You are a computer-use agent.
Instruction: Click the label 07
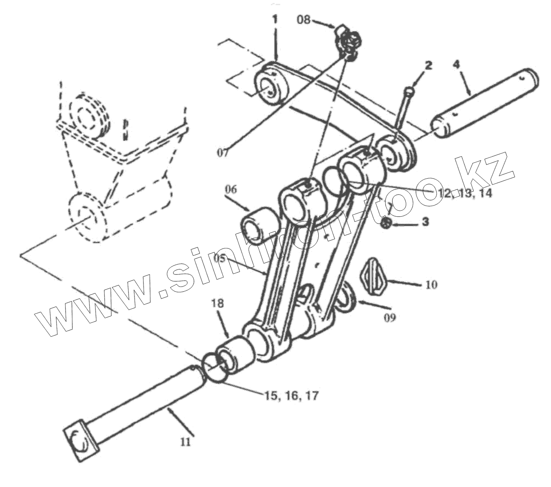223,152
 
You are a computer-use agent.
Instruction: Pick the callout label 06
230,189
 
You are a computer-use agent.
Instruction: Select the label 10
431,284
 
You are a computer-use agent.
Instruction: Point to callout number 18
217,304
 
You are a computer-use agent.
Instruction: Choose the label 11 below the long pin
185,442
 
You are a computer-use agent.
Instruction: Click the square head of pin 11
80,443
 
